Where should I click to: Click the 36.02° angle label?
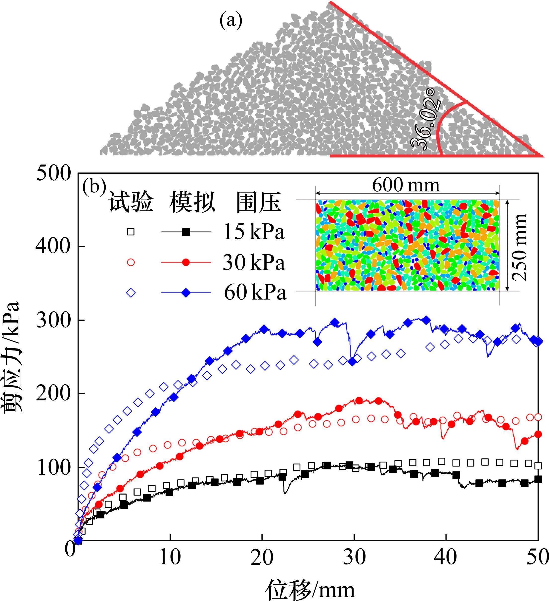425,119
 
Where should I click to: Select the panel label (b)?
94,186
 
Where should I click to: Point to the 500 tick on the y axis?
54,173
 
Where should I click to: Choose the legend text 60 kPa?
255,293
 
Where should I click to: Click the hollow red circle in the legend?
131,262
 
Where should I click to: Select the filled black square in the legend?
186,232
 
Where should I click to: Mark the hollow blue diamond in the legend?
131,293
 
